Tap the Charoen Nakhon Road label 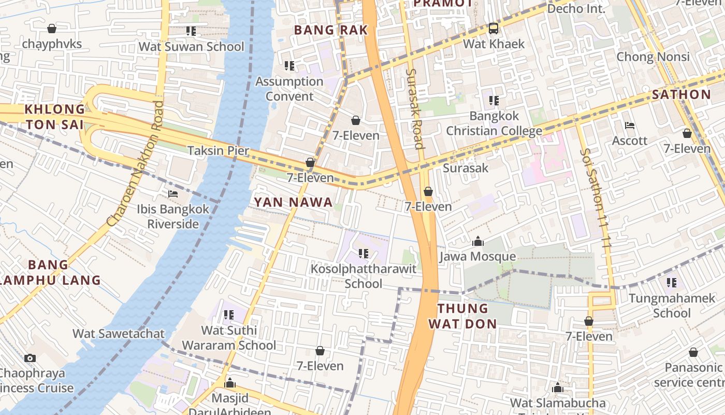(x=136, y=163)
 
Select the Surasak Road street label (x=415, y=109)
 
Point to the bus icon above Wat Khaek (x=494, y=29)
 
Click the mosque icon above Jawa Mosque (x=477, y=242)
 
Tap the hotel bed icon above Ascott (x=630, y=126)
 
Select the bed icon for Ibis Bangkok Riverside (x=173, y=194)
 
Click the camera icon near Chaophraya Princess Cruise (x=30, y=358)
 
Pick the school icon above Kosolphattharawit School (x=363, y=254)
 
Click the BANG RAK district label (x=331, y=30)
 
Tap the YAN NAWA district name (x=293, y=202)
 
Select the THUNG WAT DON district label (x=467, y=316)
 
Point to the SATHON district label (x=681, y=94)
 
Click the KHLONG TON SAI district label (x=55, y=117)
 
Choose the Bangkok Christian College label (x=494, y=123)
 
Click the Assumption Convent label (x=289, y=89)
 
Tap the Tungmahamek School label (x=671, y=306)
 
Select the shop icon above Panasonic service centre (x=693, y=353)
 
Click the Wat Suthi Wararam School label (x=229, y=338)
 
